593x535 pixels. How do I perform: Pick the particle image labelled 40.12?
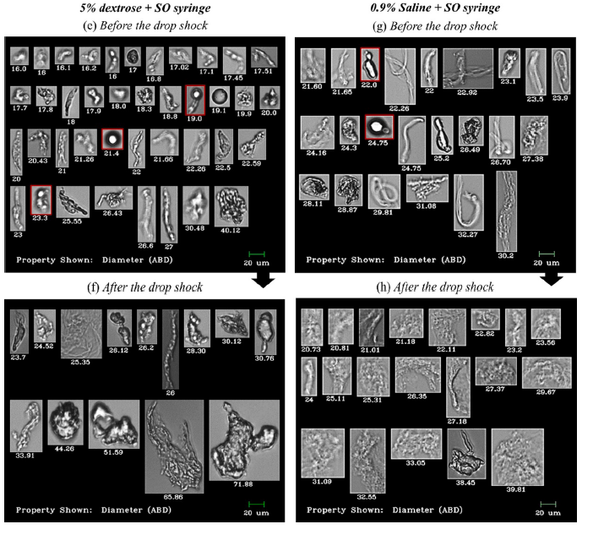pyautogui.click(x=231, y=206)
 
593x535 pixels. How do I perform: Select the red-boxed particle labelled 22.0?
pyautogui.click(x=370, y=65)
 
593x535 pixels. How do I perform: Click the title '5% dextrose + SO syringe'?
pyautogui.click(x=129, y=8)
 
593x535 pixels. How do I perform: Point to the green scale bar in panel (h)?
pyautogui.click(x=549, y=504)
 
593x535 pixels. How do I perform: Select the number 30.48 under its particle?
pyautogui.click(x=195, y=227)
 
